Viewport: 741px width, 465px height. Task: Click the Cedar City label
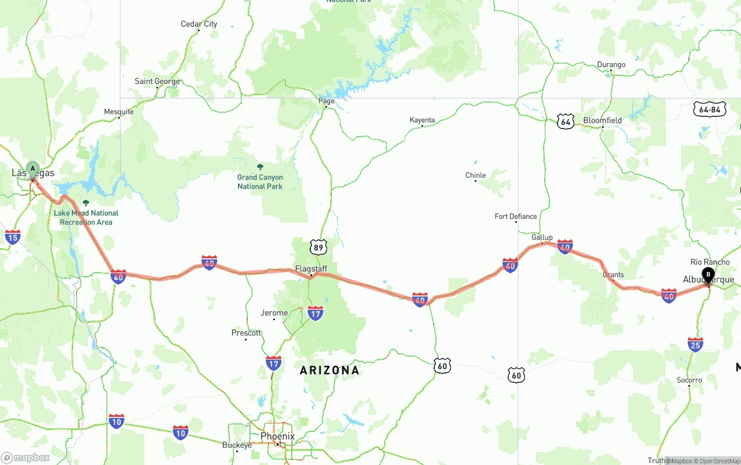pos(199,24)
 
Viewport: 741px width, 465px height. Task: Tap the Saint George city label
pos(157,82)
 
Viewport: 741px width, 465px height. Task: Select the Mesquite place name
pos(119,112)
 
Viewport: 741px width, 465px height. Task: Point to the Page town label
pos(327,101)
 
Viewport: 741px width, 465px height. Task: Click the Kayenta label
pos(422,120)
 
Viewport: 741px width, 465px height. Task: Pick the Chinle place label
pos(475,175)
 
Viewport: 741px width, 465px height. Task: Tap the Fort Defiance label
pos(516,217)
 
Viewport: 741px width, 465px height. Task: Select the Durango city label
pos(611,65)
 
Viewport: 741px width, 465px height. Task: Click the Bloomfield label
pos(603,120)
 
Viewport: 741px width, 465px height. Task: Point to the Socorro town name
pos(689,380)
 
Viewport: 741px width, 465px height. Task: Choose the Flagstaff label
pos(311,269)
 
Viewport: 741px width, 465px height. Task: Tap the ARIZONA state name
pos(329,370)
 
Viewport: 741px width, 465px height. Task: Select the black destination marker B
pos(708,274)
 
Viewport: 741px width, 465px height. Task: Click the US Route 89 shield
pos(318,248)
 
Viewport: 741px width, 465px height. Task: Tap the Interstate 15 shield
pos(13,237)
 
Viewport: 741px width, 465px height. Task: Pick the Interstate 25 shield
pos(695,345)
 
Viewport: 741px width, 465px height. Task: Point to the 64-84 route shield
pos(710,109)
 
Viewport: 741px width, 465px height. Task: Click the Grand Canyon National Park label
pos(260,182)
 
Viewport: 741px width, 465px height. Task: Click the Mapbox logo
pos(25,457)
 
